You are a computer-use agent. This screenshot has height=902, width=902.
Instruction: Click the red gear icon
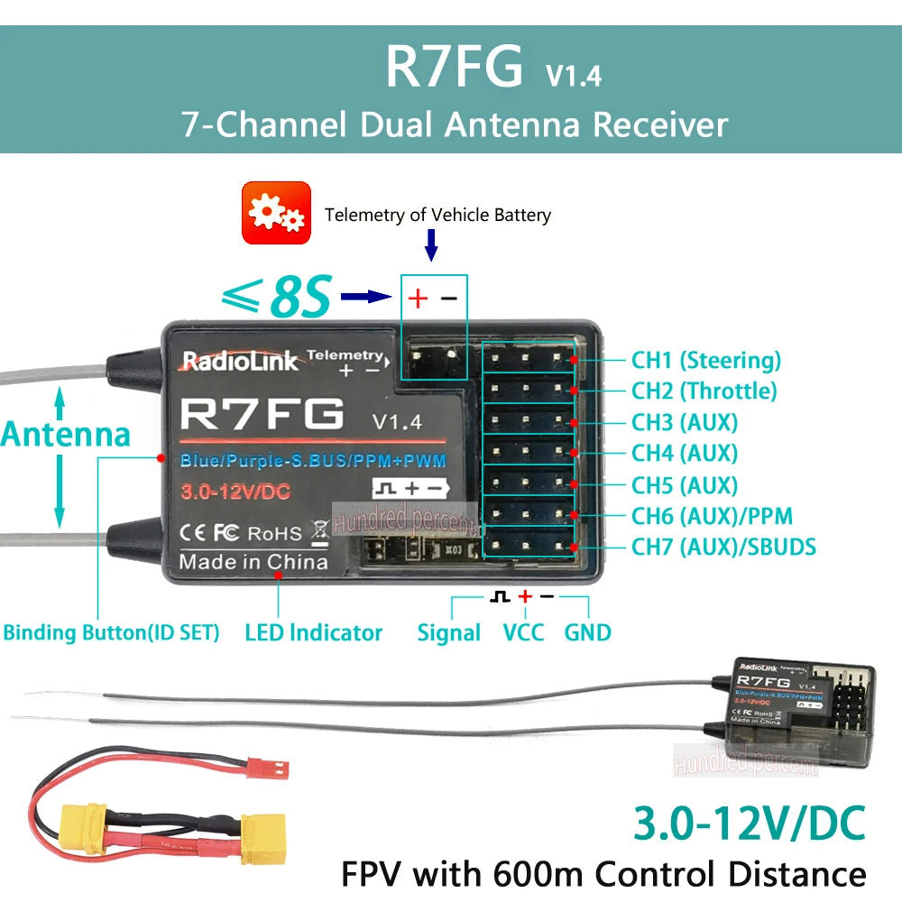276,213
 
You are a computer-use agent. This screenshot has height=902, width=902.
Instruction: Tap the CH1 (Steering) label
705,361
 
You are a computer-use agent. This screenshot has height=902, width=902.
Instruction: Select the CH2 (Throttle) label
704,391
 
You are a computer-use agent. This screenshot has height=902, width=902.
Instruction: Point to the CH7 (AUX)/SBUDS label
723,546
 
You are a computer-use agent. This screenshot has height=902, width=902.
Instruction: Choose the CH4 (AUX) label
685,453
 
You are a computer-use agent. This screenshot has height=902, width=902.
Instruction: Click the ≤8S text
276,296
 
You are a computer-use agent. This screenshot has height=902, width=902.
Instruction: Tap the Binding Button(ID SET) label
111,632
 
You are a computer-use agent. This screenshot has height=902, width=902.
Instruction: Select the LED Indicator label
313,632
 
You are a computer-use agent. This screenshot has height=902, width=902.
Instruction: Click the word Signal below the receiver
448,632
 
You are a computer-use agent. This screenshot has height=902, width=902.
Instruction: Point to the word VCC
523,632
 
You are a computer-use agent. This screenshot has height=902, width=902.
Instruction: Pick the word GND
587,632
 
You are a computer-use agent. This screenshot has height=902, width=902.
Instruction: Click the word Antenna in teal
65,434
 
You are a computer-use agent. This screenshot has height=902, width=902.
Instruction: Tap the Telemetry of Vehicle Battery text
437,215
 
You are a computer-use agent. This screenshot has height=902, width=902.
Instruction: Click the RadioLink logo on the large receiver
240,362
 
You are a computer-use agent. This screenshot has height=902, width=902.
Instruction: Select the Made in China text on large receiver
253,562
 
